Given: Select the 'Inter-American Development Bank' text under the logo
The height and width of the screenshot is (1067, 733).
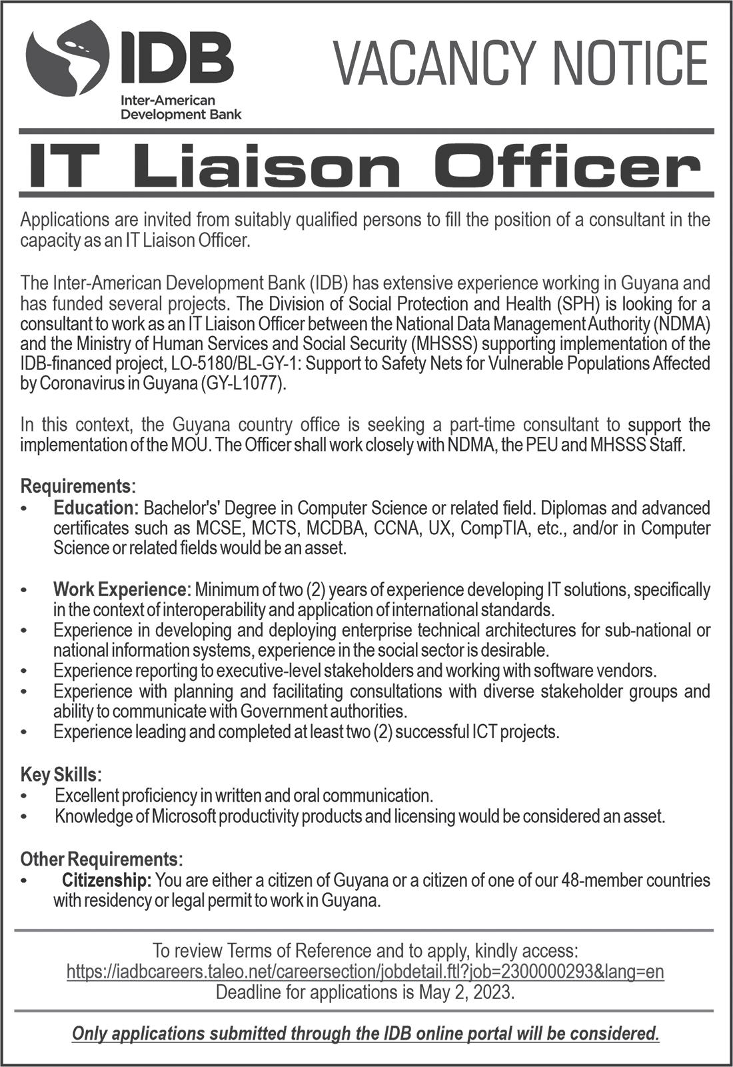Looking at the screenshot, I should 180,107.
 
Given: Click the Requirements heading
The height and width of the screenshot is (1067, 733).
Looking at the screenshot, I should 77,485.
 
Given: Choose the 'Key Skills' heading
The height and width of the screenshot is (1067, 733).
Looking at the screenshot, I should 61,774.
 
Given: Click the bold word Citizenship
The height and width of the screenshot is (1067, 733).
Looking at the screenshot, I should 107,880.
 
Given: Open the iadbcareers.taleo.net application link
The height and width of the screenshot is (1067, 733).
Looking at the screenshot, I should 365,971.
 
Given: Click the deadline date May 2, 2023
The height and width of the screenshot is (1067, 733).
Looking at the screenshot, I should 466,992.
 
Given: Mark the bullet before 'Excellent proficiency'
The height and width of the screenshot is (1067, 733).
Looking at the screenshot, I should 25,796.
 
